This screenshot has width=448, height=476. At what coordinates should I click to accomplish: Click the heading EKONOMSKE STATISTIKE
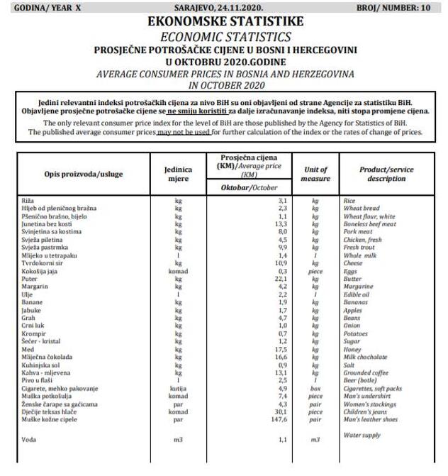[x=225, y=22]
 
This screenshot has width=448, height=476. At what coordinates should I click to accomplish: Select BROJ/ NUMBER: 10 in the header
[x=401, y=8]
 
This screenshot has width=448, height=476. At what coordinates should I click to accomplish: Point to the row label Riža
[x=29, y=201]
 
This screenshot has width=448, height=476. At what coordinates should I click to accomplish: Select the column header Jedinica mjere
[x=179, y=173]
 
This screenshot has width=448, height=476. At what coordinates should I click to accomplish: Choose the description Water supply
[x=362, y=434]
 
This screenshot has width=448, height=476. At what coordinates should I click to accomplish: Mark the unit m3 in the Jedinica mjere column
[x=179, y=440]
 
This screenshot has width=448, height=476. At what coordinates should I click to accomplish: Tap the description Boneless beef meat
[x=369, y=224]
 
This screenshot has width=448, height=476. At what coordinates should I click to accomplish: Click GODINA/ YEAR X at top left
[x=43, y=8]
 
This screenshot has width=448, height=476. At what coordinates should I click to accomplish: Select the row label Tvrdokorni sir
[x=43, y=263]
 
